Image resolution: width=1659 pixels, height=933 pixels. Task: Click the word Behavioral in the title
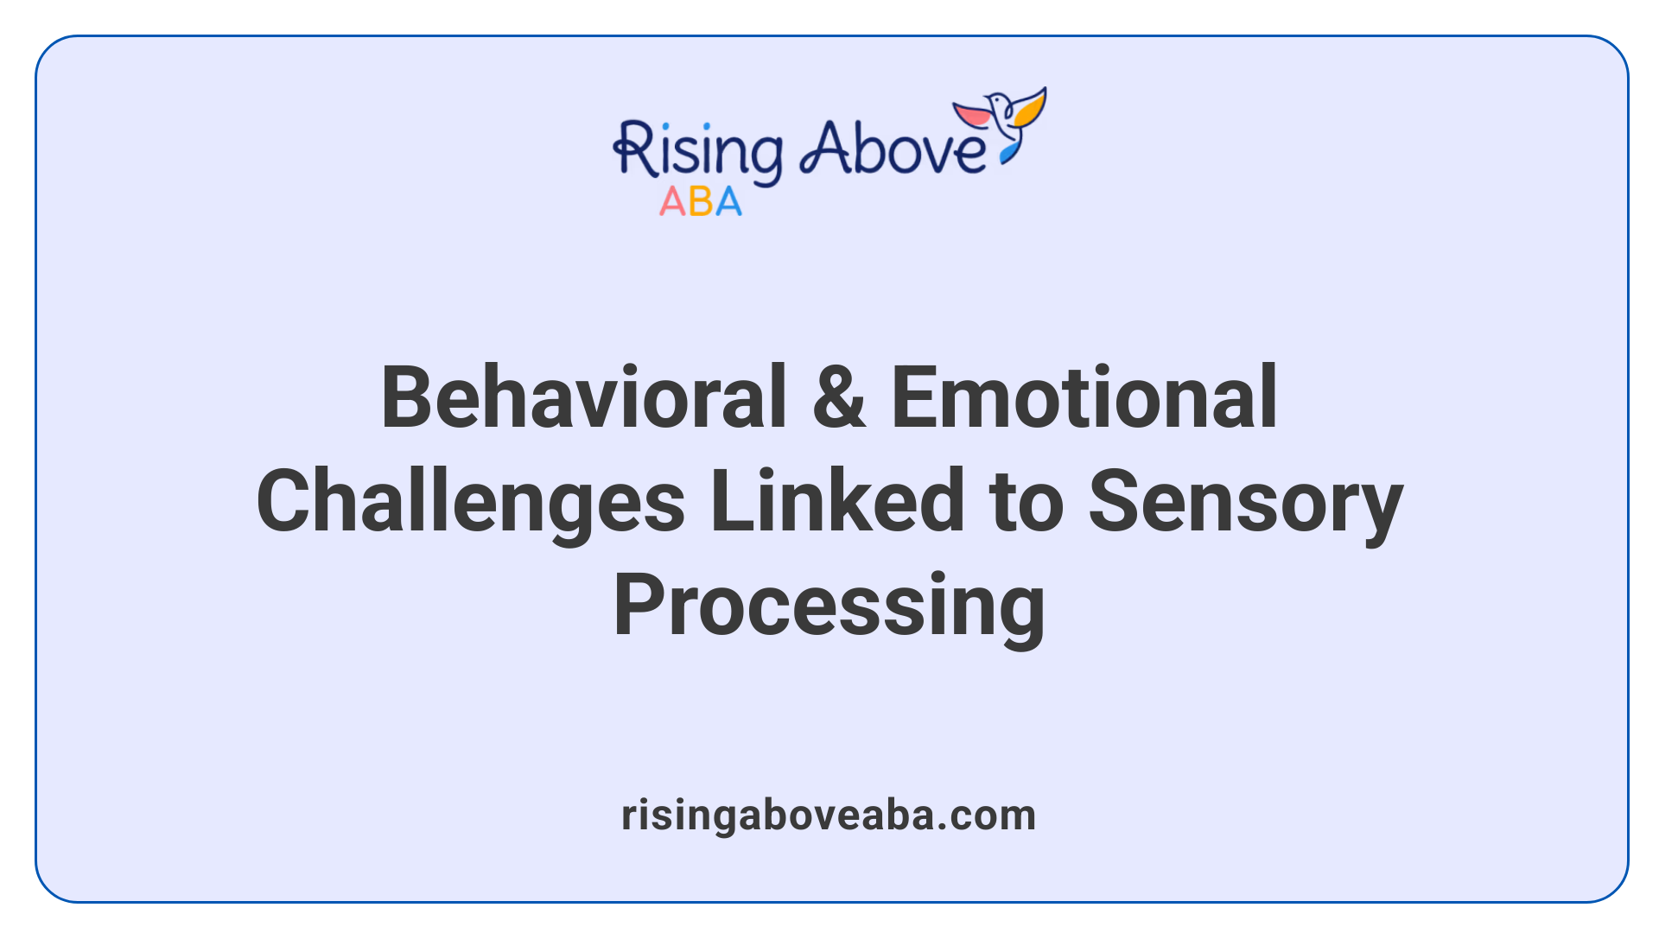(x=583, y=397)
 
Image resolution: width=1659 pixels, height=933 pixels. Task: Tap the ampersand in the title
(x=838, y=397)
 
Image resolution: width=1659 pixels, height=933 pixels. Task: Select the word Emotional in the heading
(x=1084, y=397)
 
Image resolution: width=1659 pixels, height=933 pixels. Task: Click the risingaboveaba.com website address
(x=829, y=816)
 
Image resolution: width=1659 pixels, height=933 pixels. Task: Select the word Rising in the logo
(x=698, y=152)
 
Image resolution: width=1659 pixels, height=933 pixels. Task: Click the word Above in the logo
(x=892, y=149)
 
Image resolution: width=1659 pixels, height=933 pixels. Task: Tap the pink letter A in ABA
(x=672, y=202)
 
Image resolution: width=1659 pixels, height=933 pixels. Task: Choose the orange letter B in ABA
(x=701, y=202)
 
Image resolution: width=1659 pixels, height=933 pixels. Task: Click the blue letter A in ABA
(x=728, y=202)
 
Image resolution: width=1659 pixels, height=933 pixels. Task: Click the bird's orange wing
(x=1031, y=108)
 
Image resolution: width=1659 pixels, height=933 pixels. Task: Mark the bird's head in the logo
(x=998, y=100)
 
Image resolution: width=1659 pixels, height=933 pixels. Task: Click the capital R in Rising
(x=634, y=149)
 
